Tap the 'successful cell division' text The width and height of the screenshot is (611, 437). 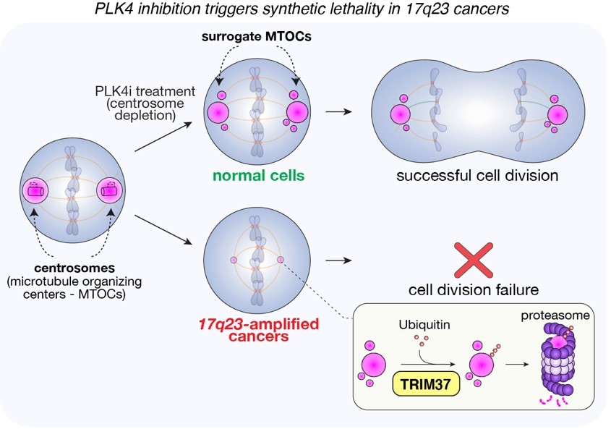tap(477, 175)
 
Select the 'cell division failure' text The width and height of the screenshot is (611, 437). tap(474, 290)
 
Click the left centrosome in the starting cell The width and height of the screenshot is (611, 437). tap(34, 192)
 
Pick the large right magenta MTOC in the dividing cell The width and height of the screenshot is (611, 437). tap(557, 114)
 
